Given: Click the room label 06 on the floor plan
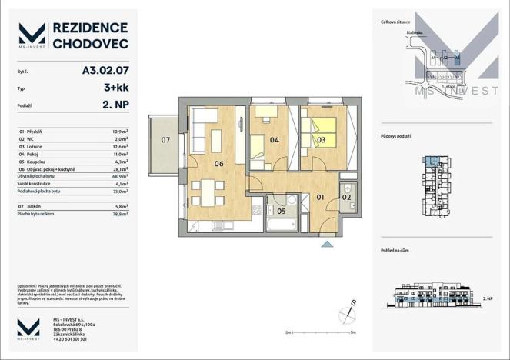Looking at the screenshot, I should (218, 163).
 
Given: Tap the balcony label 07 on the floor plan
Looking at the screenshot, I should (165, 140).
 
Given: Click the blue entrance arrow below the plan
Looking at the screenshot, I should (328, 244).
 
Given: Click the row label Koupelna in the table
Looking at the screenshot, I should (38, 162).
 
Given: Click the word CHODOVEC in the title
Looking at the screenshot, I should (89, 45).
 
